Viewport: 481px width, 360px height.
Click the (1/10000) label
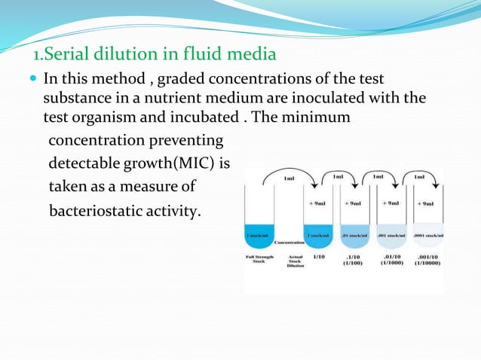pos(428,264)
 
